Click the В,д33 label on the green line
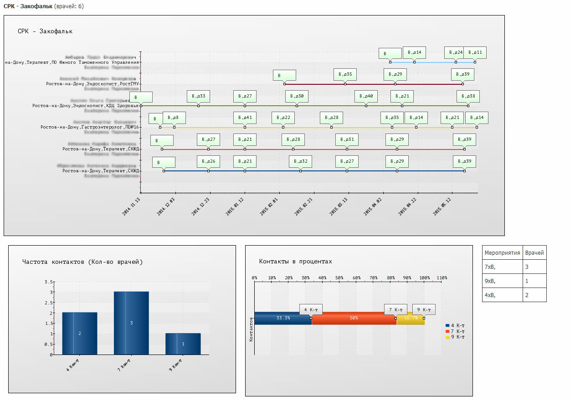(x=198, y=96)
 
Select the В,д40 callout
(x=366, y=96)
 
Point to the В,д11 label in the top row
(x=475, y=52)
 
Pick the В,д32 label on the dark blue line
(x=300, y=161)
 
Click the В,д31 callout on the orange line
(x=347, y=139)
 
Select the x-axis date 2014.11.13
(x=132, y=206)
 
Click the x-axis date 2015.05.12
(x=443, y=206)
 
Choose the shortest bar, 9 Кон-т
(x=183, y=344)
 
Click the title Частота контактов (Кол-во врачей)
(x=82, y=262)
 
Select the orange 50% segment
(x=354, y=318)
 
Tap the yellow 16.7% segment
(x=411, y=318)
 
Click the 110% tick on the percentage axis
(x=442, y=278)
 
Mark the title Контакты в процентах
(x=295, y=262)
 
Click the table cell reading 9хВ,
(x=490, y=281)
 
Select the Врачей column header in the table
(x=534, y=252)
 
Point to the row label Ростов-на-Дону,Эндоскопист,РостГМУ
(x=92, y=84)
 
